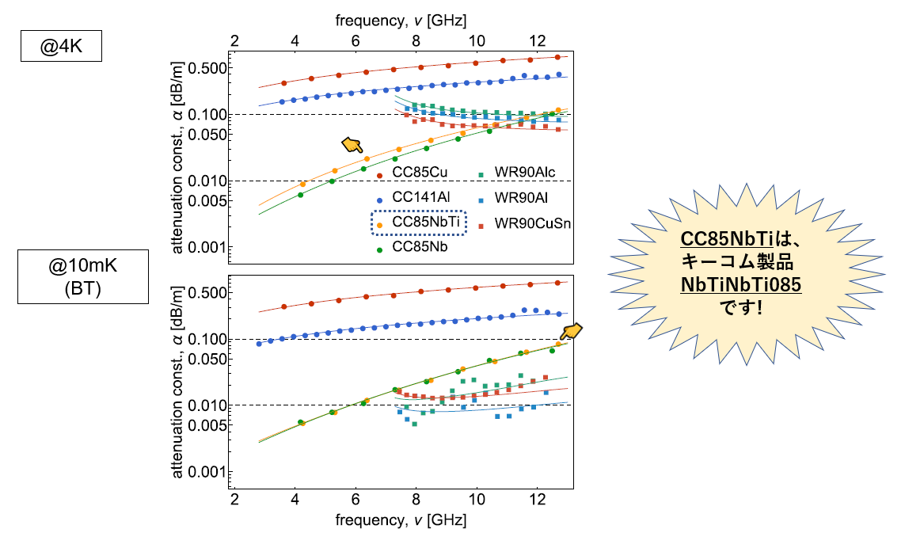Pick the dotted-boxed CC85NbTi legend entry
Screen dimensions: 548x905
click(x=420, y=223)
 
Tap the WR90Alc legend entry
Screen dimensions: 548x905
click(x=526, y=173)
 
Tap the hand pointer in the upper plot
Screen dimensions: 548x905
click(x=352, y=143)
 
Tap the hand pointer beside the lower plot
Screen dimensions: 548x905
click(x=571, y=332)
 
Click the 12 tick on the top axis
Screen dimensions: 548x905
click(x=538, y=40)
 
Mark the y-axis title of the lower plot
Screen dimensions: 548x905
click(x=178, y=383)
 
